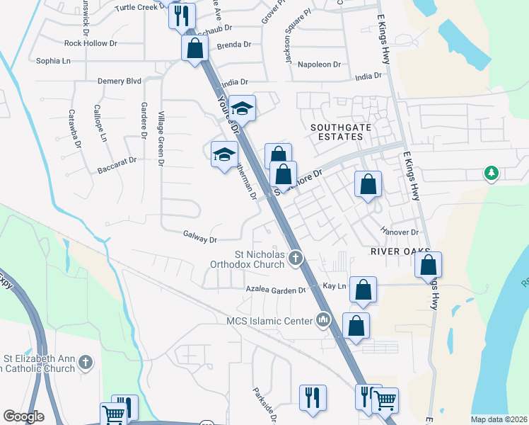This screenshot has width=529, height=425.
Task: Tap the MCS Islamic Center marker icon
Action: (x=324, y=320)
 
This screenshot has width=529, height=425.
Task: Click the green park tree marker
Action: (x=491, y=173)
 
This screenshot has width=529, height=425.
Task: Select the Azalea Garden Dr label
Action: (x=276, y=290)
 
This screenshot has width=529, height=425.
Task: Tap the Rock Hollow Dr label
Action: (x=91, y=43)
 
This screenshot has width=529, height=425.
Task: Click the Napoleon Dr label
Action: (x=320, y=64)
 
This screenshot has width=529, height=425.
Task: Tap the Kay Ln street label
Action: (x=334, y=285)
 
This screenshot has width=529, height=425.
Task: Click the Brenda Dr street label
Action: (x=234, y=45)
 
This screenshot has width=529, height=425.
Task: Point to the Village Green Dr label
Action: (x=161, y=139)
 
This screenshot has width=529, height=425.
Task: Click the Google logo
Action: (x=23, y=416)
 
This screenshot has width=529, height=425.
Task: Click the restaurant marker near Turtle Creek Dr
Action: (x=182, y=15)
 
